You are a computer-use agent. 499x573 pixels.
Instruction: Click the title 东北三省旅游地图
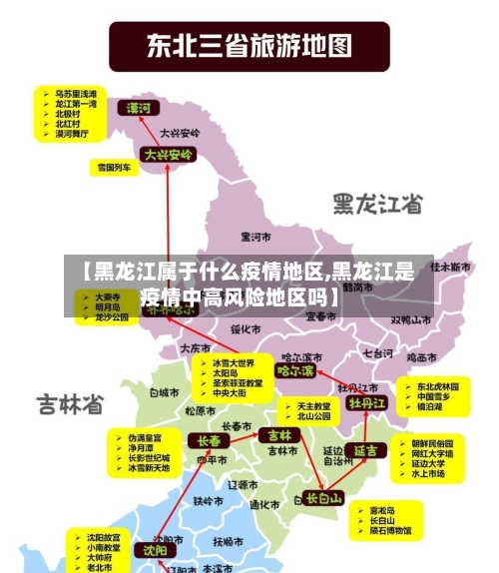click(249, 45)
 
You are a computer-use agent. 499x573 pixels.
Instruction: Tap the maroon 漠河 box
click(139, 107)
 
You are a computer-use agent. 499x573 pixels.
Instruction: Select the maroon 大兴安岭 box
click(168, 155)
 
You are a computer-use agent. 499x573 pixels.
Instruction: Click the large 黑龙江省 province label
click(376, 204)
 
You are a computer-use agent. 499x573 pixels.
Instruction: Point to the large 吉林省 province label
click(71, 404)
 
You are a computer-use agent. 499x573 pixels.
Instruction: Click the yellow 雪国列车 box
click(114, 168)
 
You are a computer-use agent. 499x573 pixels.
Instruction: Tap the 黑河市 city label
click(257, 237)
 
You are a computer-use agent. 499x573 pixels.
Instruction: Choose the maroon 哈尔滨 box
click(295, 371)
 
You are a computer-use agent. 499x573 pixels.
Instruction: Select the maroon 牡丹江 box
click(367, 403)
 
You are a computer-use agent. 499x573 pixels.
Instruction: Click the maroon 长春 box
click(210, 440)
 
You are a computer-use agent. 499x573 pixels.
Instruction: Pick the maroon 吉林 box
click(277, 435)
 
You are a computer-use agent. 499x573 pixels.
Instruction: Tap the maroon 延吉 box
click(366, 450)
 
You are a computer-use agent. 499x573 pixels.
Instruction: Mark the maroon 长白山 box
click(323, 497)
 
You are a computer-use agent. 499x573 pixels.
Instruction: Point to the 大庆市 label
click(195, 348)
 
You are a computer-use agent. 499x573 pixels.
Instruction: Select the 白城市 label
click(163, 393)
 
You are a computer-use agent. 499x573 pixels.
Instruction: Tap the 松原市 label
click(200, 409)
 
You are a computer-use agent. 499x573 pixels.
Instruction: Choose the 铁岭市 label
click(210, 500)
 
